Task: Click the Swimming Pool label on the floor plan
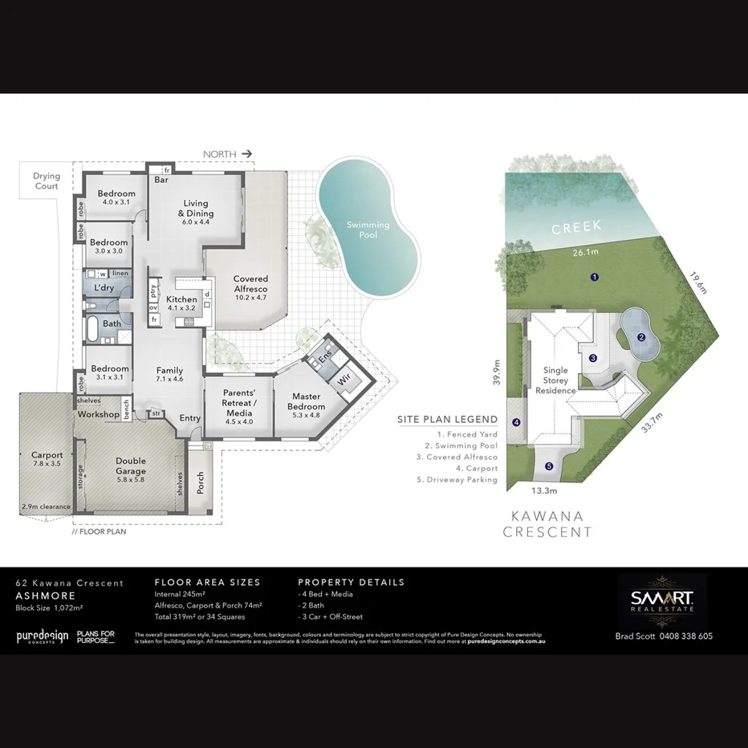coord(368,230)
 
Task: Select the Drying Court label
coord(46,181)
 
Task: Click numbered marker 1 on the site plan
coord(595,277)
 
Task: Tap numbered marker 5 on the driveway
coord(549,466)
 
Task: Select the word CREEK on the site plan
coord(576,228)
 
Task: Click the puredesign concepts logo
coord(42,636)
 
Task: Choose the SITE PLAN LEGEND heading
coord(447,420)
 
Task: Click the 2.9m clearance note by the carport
coord(46,507)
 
